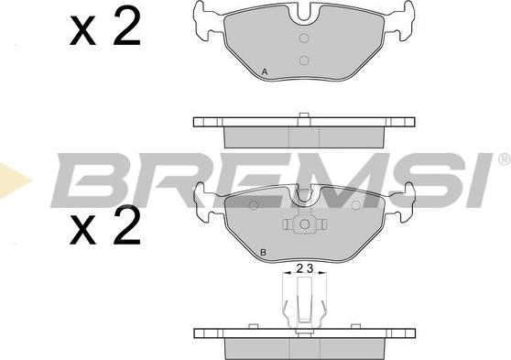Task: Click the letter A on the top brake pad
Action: click(265, 71)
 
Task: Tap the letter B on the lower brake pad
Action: click(264, 253)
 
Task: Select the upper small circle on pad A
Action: click(304, 38)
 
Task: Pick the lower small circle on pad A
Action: click(304, 60)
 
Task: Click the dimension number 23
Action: click(304, 268)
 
